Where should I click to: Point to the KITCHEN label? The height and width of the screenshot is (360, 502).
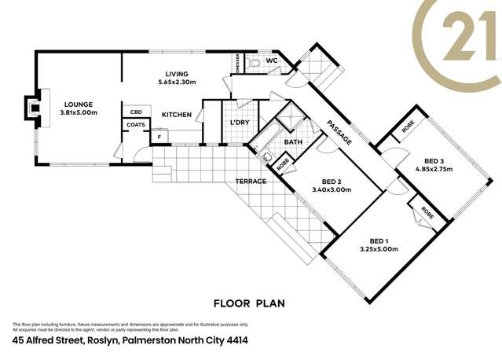tap(177, 115)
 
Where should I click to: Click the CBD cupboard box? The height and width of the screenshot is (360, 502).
tap(135, 112)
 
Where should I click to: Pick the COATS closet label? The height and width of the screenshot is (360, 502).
tap(135, 123)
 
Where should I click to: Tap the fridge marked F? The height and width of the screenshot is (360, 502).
tap(159, 136)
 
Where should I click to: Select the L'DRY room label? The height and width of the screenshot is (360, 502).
tap(239, 123)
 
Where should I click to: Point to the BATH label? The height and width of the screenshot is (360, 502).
tap(293, 142)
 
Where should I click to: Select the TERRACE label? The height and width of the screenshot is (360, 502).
tap(251, 182)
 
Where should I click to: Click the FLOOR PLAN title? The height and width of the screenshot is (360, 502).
tap(249, 303)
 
